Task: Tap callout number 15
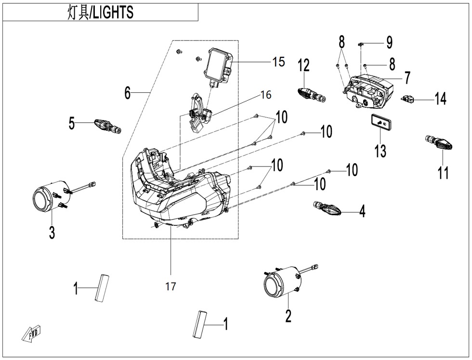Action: (278, 62)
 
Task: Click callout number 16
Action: (266, 95)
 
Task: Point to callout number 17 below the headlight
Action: (170, 287)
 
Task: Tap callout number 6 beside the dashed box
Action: (127, 92)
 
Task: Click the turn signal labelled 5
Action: (107, 126)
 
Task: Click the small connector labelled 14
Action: (407, 100)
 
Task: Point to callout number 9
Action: (389, 42)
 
